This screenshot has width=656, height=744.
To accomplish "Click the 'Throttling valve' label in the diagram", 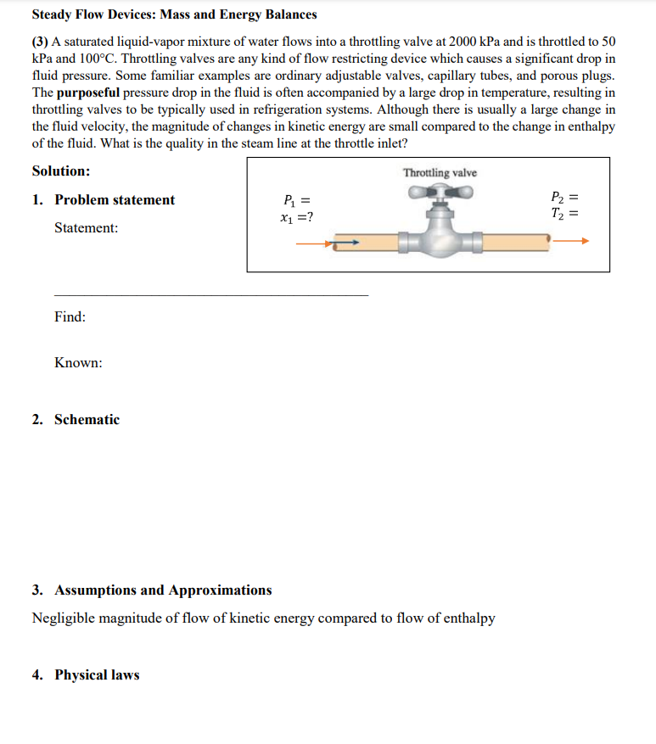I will click(440, 173).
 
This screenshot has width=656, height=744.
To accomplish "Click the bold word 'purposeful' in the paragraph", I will click(88, 92).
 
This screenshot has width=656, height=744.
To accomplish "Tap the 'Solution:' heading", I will click(61, 171).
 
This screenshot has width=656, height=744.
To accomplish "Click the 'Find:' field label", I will click(70, 316).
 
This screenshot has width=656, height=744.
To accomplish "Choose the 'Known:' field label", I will click(78, 362).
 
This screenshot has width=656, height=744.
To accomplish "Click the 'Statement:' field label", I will click(86, 228).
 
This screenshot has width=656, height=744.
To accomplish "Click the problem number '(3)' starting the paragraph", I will click(41, 41).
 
